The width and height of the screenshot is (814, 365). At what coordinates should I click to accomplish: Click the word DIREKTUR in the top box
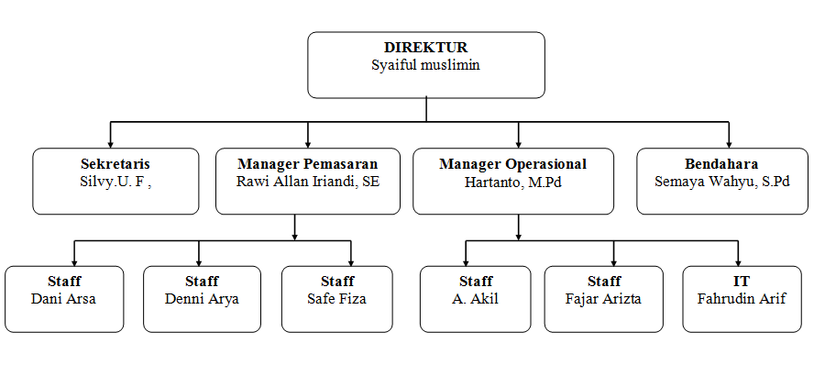[425, 48]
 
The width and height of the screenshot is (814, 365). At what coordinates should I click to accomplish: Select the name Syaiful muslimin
[425, 65]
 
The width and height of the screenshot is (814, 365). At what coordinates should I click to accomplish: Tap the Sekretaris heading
[115, 164]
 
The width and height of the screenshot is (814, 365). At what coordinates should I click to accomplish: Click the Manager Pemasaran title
[308, 164]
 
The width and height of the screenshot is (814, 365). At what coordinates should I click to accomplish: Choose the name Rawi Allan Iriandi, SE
[308, 182]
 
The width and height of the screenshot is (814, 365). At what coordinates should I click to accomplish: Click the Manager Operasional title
[513, 164]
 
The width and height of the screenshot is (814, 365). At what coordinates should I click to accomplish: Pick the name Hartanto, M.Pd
[513, 182]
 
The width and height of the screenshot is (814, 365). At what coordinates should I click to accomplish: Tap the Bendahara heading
[721, 164]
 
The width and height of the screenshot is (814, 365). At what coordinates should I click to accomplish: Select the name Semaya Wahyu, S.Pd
[722, 182]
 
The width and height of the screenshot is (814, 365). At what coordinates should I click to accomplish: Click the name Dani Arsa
[64, 299]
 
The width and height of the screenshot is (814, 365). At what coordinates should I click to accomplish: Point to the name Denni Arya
[202, 300]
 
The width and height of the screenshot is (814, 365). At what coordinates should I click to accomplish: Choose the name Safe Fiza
[337, 299]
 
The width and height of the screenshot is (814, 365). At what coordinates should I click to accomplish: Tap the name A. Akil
[475, 299]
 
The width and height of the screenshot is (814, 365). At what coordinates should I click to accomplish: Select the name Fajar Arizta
[603, 299]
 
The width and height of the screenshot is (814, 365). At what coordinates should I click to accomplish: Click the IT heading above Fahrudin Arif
[742, 282]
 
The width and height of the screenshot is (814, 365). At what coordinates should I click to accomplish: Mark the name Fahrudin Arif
[742, 299]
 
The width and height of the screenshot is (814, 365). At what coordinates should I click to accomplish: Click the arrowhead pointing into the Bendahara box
[729, 143]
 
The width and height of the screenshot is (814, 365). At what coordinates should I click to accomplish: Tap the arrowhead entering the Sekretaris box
[111, 143]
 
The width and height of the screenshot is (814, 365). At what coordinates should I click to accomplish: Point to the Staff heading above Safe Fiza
[337, 282]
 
